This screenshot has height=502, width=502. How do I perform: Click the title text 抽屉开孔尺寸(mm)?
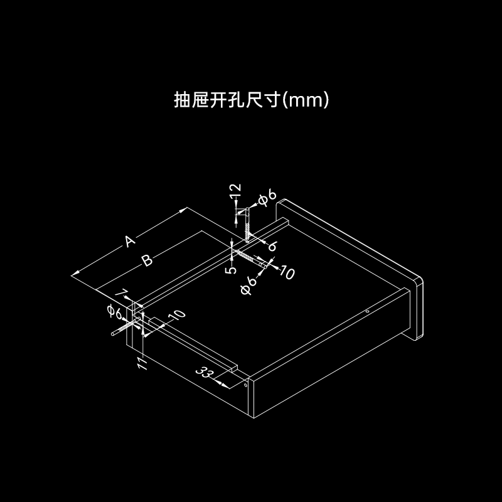click(252, 100)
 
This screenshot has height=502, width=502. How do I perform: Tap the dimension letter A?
click(129, 241)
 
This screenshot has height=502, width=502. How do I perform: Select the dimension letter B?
click(147, 260)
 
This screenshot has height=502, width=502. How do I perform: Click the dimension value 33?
click(205, 373)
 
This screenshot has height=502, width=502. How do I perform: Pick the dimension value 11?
click(142, 363)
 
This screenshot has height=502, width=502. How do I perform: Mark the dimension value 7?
click(121, 293)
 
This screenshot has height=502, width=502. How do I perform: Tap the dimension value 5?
click(231, 270)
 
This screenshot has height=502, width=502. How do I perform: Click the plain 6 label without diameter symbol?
click(272, 246)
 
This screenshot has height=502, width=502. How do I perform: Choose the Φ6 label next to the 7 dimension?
click(114, 312)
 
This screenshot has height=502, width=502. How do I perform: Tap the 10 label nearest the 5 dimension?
click(287, 272)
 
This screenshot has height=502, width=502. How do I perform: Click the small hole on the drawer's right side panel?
click(368, 311)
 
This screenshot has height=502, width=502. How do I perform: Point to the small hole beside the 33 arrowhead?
click(245, 385)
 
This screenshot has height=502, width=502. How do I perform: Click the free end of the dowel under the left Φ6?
click(113, 334)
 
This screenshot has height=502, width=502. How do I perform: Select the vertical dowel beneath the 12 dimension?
click(247, 224)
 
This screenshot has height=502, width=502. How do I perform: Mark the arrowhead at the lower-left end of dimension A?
click(75, 274)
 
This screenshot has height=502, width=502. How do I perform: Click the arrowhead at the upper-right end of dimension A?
click(183, 210)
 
